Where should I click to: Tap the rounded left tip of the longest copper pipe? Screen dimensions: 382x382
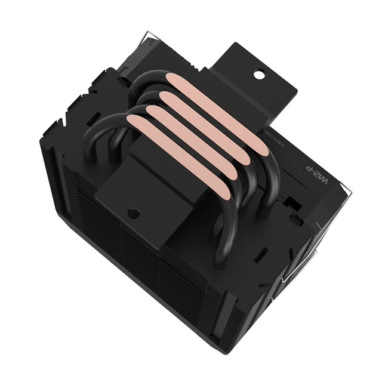coord(133,122)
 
